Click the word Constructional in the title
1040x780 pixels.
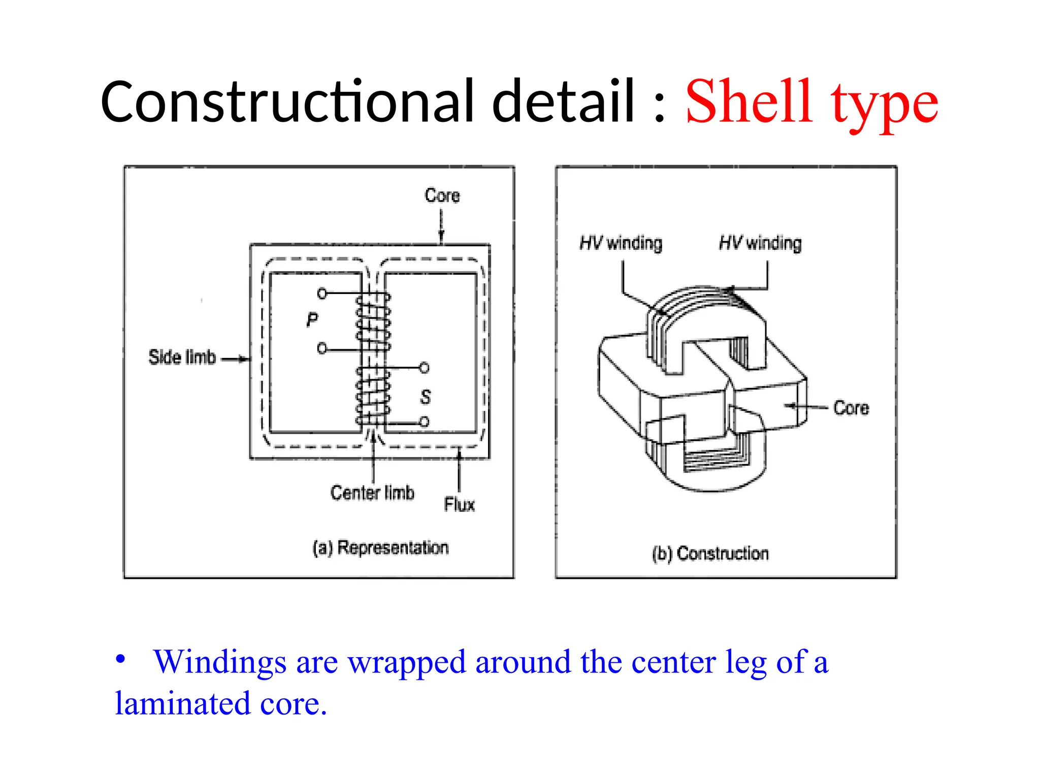click(287, 102)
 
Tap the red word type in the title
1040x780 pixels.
click(884, 104)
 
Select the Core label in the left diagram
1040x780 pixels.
click(442, 196)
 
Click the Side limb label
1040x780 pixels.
click(182, 357)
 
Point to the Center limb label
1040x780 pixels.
click(372, 493)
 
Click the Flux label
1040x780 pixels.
click(459, 505)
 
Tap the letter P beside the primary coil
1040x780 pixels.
click(312, 320)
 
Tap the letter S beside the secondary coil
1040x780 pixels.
click(426, 397)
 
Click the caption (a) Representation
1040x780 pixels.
click(381, 547)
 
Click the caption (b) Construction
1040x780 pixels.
click(710, 554)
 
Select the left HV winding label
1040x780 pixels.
click(621, 243)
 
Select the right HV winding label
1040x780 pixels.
click(760, 243)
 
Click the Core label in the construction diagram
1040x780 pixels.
click(851, 408)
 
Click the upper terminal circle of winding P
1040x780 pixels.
click(322, 294)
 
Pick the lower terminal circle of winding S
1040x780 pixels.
click(424, 421)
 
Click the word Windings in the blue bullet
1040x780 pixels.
click(220, 662)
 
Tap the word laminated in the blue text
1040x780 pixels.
click(183, 704)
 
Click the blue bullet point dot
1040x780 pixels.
click(120, 659)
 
